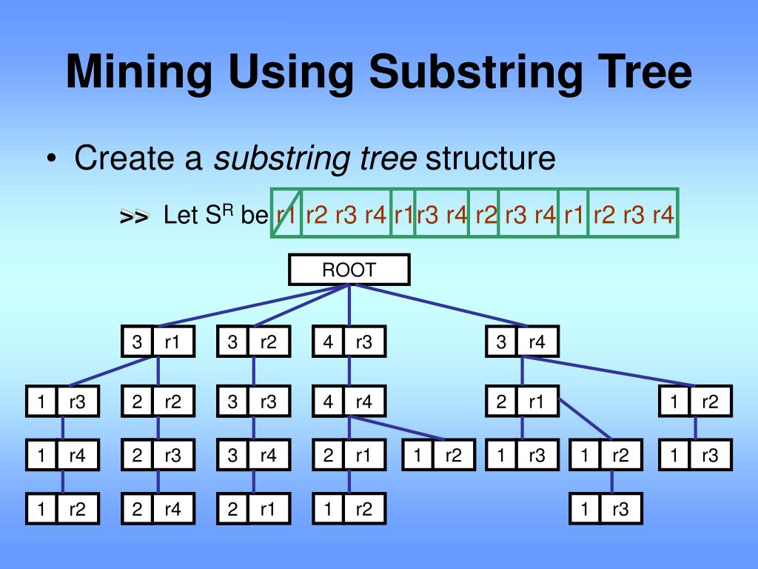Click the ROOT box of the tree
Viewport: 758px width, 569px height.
(x=349, y=270)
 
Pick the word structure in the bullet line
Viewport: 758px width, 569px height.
(x=490, y=158)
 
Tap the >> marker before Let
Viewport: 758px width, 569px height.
(x=134, y=216)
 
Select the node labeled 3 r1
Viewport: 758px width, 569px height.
(x=158, y=342)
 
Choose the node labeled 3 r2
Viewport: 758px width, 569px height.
(x=253, y=342)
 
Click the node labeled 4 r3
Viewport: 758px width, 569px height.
(x=349, y=342)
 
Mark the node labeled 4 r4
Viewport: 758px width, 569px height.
(x=349, y=402)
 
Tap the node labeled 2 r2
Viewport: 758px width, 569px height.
(x=158, y=402)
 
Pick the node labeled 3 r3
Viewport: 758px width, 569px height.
(x=253, y=402)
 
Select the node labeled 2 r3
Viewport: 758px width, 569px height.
(x=158, y=456)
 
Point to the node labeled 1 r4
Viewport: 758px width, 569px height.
(x=62, y=456)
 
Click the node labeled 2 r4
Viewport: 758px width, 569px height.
(x=158, y=509)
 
